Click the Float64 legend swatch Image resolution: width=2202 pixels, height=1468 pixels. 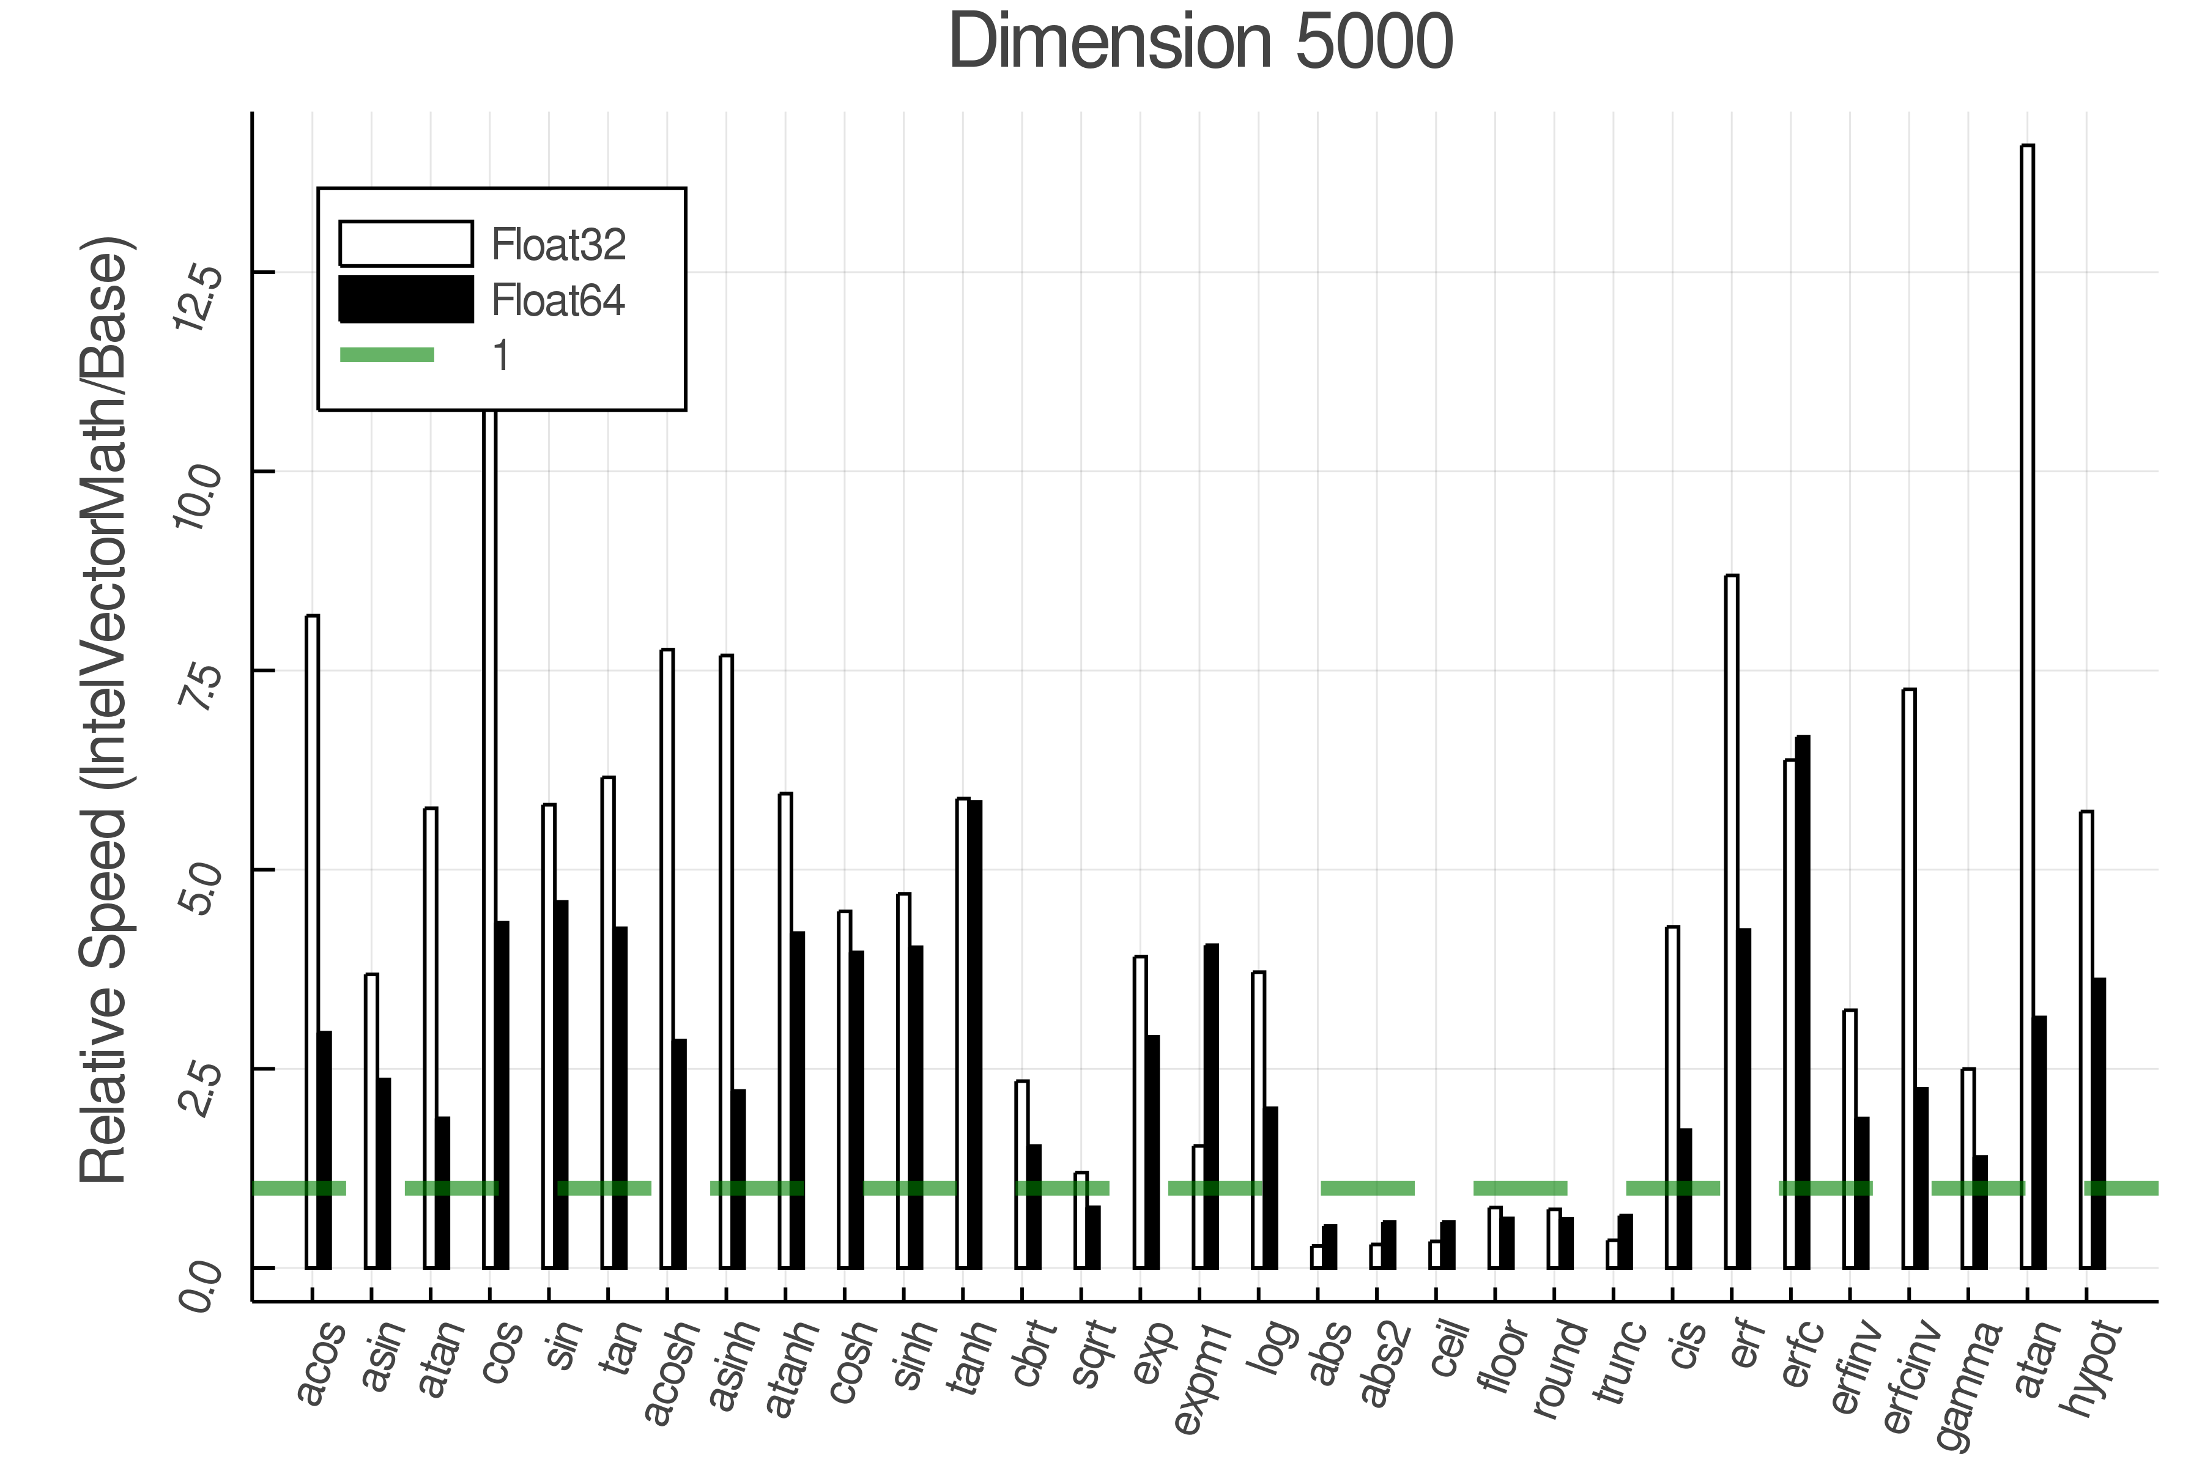pos(406,300)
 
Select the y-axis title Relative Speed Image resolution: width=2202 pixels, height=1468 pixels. pos(105,711)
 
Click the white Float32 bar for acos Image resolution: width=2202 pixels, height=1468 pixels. pos(312,941)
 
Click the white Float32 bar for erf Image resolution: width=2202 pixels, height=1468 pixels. pos(1731,922)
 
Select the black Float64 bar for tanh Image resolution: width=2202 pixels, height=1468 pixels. pos(974,1034)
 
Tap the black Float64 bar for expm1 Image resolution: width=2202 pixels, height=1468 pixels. pos(1212,1106)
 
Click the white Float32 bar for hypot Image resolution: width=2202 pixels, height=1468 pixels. pos(2086,1039)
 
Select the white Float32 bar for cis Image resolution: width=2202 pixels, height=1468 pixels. pos(1672,1097)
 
